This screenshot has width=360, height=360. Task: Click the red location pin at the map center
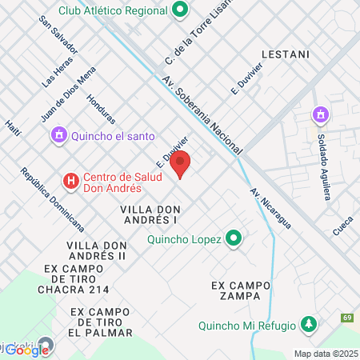coord(181,164)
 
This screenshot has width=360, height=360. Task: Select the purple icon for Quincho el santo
coord(58,135)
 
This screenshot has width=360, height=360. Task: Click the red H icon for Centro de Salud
coord(72,181)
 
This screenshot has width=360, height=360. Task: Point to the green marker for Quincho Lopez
coord(234,238)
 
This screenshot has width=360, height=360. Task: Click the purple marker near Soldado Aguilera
coord(321,115)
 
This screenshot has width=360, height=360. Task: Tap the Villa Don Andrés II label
coord(97,250)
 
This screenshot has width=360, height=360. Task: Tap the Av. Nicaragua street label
coord(271,209)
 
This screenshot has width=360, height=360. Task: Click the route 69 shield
coord(348,318)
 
